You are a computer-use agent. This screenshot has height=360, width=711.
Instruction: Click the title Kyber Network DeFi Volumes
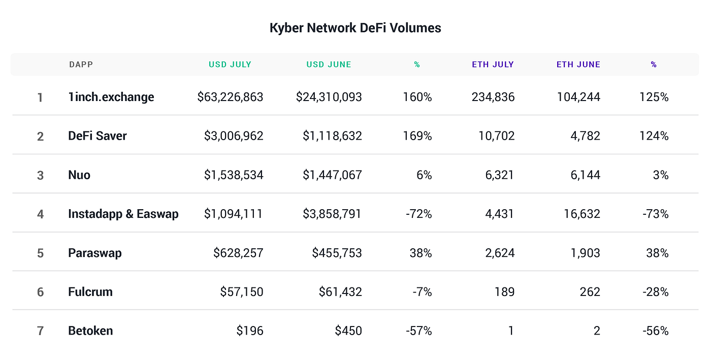355,28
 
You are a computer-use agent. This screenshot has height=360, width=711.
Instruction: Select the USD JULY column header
230,64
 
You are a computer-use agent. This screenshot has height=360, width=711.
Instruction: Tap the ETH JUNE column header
578,64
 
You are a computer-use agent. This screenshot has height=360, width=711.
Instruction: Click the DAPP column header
81,64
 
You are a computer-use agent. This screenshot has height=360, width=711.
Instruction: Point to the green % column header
417,65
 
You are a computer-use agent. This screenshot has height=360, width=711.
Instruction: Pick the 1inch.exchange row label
111,97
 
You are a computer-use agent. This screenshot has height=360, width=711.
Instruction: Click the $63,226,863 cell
230,97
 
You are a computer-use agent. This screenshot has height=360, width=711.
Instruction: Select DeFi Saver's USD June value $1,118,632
332,136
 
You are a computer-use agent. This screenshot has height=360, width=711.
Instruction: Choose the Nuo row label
79,175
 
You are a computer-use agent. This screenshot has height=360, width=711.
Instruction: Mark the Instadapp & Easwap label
123,214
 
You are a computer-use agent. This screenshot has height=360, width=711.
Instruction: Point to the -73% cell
655,214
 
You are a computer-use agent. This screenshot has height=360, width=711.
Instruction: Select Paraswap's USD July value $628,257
238,253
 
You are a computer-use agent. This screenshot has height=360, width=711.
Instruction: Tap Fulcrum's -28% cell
655,292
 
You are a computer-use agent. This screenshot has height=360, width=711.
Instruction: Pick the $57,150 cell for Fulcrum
242,292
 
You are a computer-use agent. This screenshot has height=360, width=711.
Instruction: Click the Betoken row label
90,331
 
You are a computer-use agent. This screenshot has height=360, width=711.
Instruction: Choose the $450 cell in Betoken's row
348,331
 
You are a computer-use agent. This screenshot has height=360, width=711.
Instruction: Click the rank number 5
40,253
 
